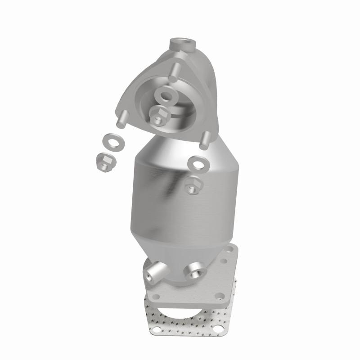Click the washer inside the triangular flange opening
coord(167,96)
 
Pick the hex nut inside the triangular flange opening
coord(157,116)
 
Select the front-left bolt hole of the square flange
coord(156,297)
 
